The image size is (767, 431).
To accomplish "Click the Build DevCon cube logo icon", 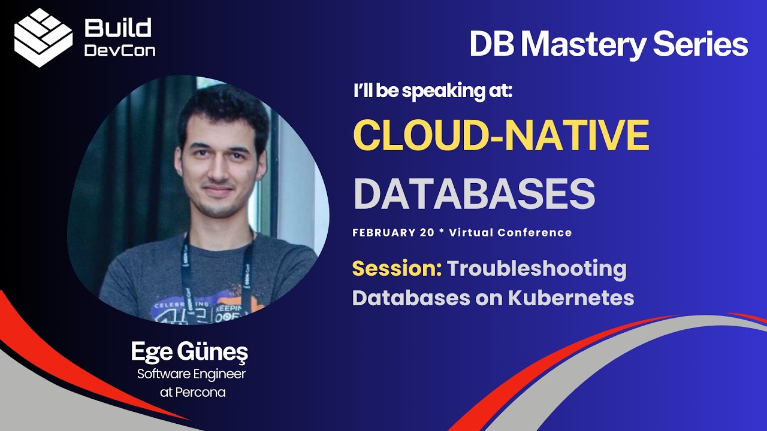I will (x=43, y=37).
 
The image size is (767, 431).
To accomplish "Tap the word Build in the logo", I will (x=118, y=28).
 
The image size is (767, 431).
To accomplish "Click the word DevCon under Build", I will (x=119, y=50).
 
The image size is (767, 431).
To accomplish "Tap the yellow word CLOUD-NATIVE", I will (x=501, y=135).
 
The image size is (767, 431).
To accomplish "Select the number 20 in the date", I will (x=427, y=233).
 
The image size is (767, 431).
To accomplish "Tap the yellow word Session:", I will (x=397, y=269).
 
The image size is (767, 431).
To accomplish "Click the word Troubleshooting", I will (x=536, y=269).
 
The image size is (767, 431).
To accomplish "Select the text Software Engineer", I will (x=191, y=375).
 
